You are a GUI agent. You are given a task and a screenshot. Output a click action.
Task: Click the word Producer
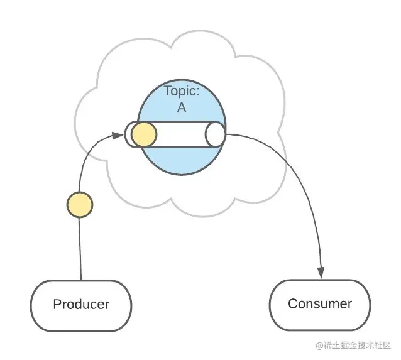[x=81, y=305]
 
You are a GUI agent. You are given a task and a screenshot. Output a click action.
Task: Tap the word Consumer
[x=320, y=304]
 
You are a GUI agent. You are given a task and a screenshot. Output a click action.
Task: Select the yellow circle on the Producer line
[x=80, y=205]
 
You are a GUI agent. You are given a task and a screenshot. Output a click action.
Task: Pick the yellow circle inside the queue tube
[x=143, y=134]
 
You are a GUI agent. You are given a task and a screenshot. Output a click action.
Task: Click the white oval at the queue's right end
[x=215, y=134]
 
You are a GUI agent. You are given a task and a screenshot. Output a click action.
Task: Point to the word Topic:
[x=182, y=91]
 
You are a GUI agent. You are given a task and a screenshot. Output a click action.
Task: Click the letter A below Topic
[x=182, y=107]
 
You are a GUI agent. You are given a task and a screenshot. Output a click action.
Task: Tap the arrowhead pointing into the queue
[x=118, y=134]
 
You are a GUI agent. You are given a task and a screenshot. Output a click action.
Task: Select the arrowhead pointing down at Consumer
[x=321, y=273]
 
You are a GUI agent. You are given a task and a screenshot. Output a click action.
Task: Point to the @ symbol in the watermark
[x=320, y=346]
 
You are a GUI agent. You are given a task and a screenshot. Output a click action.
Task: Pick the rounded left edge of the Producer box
[x=32, y=305]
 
